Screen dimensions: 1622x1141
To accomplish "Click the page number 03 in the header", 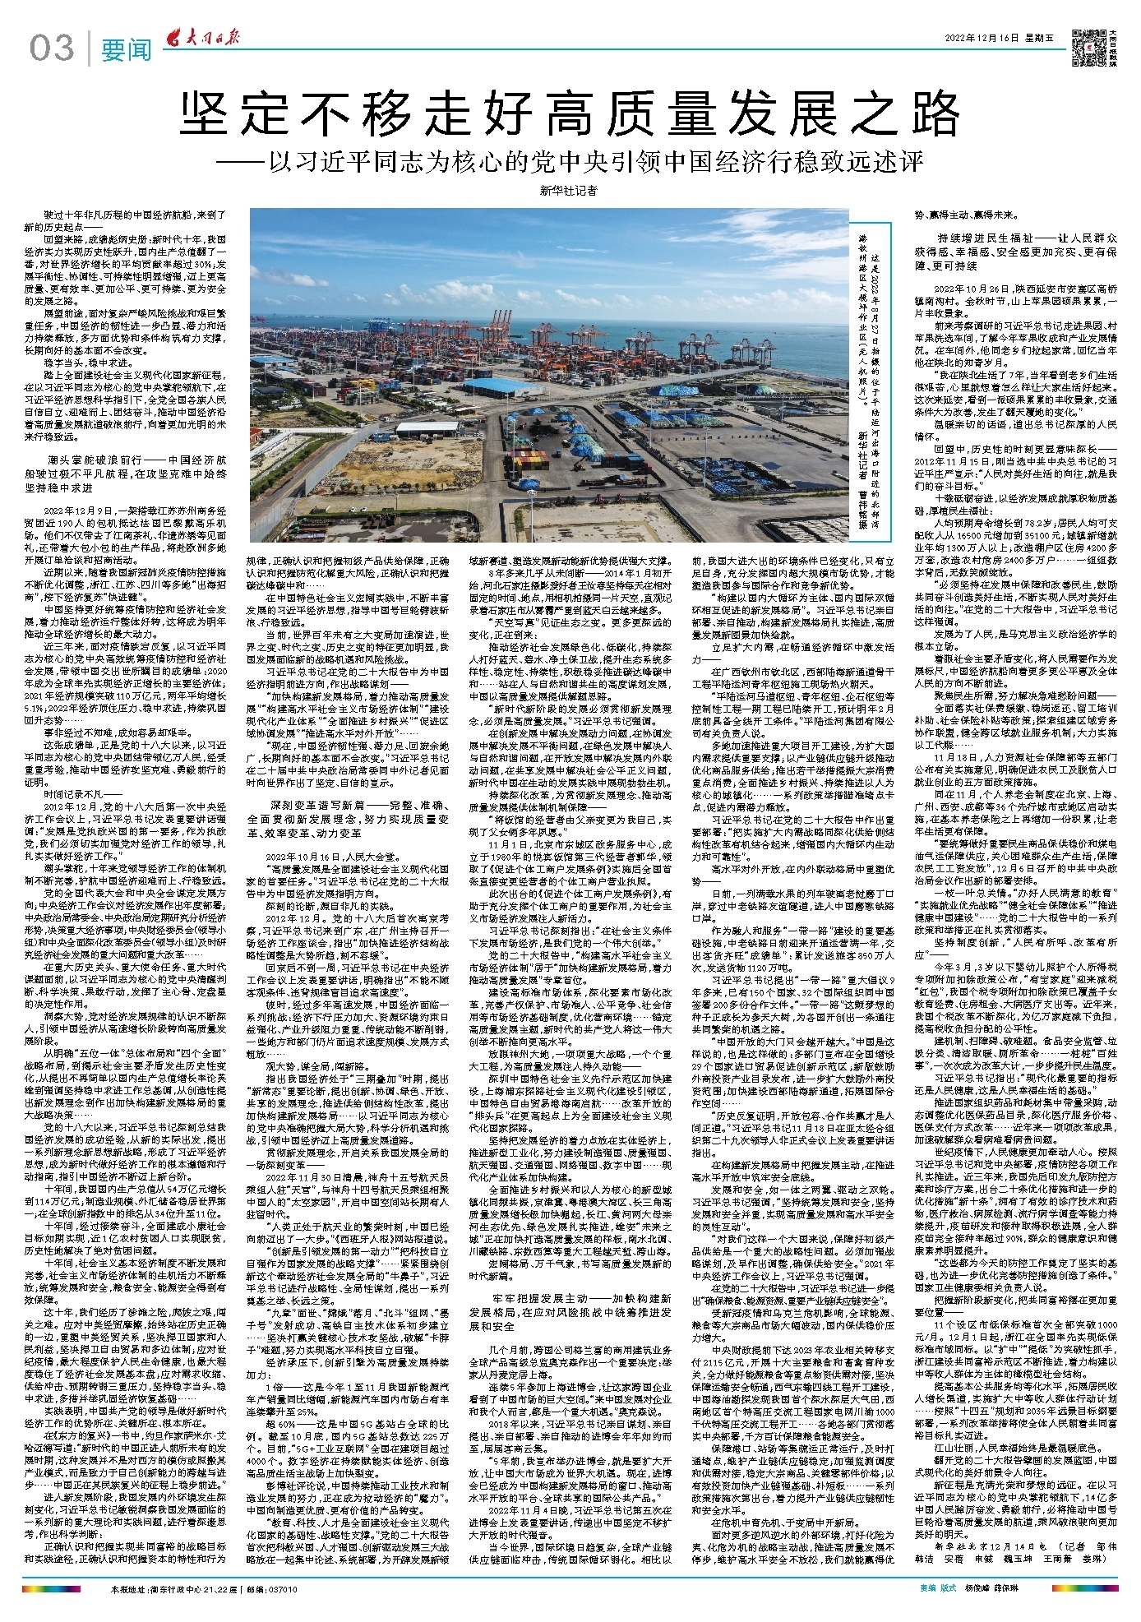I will click(x=51, y=49).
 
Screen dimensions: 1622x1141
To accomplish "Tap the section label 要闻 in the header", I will click(x=127, y=49).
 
